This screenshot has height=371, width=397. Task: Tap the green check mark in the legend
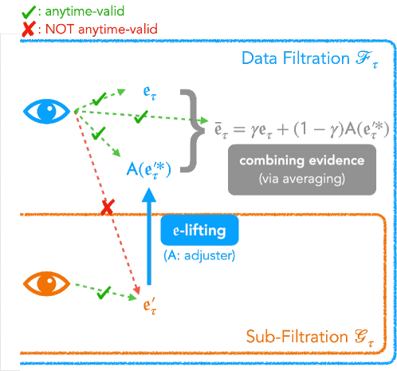click(x=10, y=11)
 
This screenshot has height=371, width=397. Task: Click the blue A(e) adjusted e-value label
click(x=150, y=169)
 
